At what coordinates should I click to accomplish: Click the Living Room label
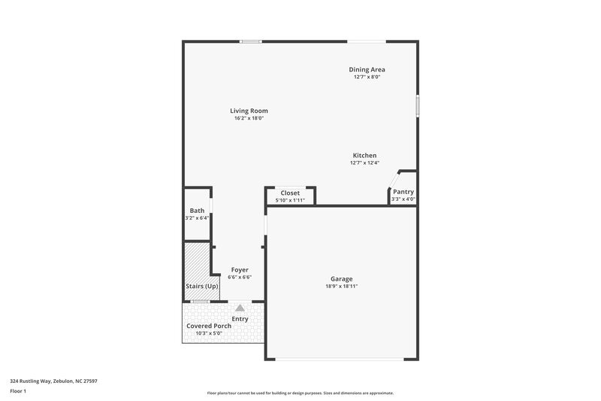point(249,111)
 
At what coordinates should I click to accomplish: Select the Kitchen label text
point(364,156)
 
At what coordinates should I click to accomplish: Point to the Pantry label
point(403,192)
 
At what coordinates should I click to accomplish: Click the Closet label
point(290,193)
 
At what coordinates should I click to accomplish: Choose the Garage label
point(341,279)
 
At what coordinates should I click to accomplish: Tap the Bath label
point(197,211)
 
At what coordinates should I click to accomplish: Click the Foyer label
point(240,269)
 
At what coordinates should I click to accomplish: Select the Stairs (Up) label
point(202,287)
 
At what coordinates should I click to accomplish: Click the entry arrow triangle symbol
point(240,307)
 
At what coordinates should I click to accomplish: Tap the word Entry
point(240,319)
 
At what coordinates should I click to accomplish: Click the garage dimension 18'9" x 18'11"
point(341,287)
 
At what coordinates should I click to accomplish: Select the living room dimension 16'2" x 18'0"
point(249,118)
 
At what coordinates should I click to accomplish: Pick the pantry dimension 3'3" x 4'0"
point(403,199)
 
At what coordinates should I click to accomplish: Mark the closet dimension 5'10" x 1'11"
point(290,200)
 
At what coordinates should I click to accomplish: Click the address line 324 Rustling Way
point(53,381)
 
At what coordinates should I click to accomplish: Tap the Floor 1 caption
point(18,392)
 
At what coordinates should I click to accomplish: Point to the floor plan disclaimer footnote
point(300,393)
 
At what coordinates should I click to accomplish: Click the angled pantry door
point(391,184)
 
